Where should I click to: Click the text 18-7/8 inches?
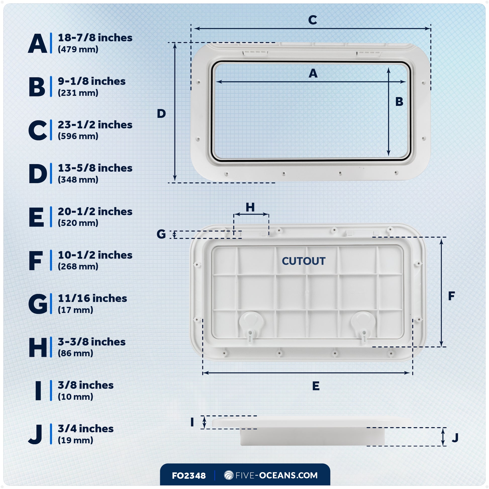tap(95, 38)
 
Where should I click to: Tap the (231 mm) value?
tap(78, 93)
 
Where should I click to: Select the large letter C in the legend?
tap(37, 130)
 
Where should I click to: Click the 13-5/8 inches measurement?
tap(95, 168)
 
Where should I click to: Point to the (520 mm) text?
tap(78, 223)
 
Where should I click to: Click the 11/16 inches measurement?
tap(92, 299)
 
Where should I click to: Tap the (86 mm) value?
tap(75, 353)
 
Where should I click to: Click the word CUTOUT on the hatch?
tap(304, 261)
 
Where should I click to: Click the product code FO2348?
tap(189, 476)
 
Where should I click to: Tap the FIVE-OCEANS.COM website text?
tap(276, 475)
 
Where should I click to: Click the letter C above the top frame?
tap(313, 20)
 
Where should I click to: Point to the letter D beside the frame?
tap(161, 114)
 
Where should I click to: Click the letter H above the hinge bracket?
tap(250, 207)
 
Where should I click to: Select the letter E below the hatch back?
tap(316, 386)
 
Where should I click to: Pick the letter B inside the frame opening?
tap(399, 102)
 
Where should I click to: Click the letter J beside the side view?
tap(455, 438)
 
